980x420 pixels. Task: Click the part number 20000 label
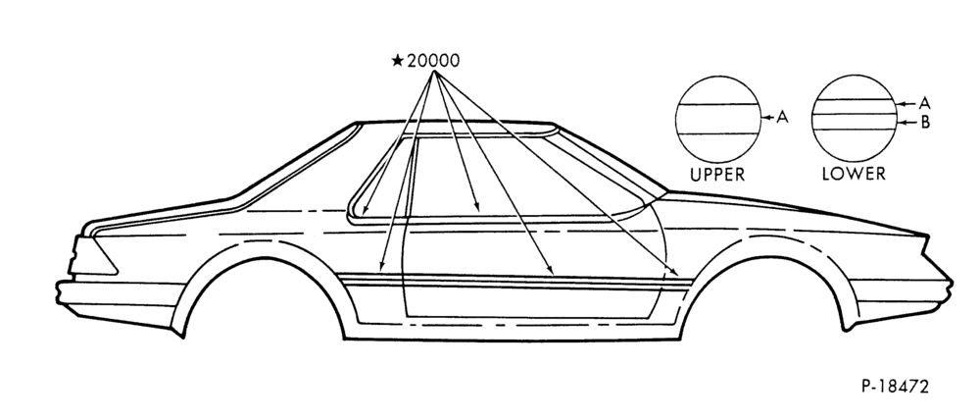433,61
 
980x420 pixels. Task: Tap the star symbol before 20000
398,61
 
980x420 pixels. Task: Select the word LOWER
854,174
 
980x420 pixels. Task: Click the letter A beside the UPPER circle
782,117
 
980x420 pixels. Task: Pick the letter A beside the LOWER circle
924,103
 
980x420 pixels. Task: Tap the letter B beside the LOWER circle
925,123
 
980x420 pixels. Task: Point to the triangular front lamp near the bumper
94,257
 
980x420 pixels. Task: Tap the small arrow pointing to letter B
906,123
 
